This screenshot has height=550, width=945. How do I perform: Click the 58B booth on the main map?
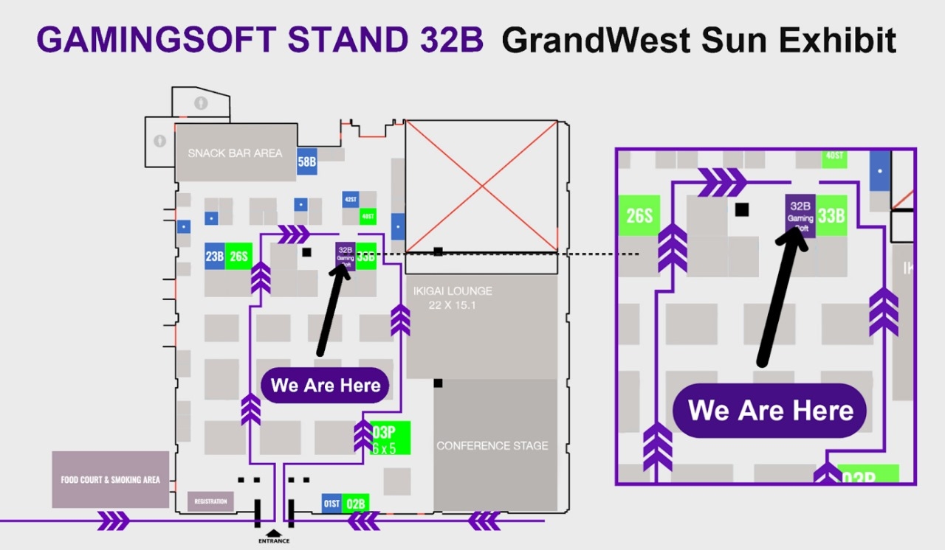pyautogui.click(x=307, y=162)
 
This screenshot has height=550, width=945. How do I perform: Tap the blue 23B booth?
pyautogui.click(x=215, y=256)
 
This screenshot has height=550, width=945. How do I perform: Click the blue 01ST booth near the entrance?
pyautogui.click(x=331, y=504)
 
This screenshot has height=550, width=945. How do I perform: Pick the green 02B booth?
pyautogui.click(x=356, y=504)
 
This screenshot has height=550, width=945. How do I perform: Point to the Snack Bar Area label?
pyautogui.click(x=235, y=153)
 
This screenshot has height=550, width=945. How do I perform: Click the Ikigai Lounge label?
pyautogui.click(x=453, y=291)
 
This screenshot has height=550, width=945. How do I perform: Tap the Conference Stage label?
pyautogui.click(x=492, y=445)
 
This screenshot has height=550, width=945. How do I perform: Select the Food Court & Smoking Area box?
pyautogui.click(x=110, y=479)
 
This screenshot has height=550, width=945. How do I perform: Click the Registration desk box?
pyautogui.click(x=210, y=501)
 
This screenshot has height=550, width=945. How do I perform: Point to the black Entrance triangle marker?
pyautogui.click(x=273, y=532)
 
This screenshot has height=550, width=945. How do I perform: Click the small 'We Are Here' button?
pyautogui.click(x=326, y=385)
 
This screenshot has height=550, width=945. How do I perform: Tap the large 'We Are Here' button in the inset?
pyautogui.click(x=770, y=411)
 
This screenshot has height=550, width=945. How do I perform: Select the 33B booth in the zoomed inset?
pyautogui.click(x=831, y=215)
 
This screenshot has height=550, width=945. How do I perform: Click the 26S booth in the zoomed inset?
pyautogui.click(x=639, y=215)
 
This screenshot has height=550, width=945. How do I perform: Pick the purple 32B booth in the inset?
pyautogui.click(x=800, y=215)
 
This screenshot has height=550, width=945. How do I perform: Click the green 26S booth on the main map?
pyautogui.click(x=238, y=256)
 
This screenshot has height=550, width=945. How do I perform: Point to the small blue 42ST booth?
pyautogui.click(x=351, y=199)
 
